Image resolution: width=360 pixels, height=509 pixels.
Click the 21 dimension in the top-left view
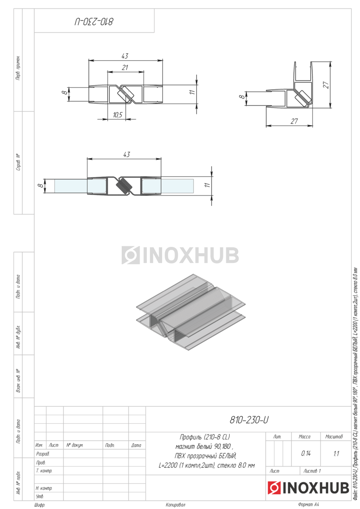125,68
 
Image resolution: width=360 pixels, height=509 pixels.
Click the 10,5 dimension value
118,115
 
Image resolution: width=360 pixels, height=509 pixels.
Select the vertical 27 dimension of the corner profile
326,85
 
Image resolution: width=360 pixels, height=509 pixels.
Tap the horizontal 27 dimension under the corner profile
294,121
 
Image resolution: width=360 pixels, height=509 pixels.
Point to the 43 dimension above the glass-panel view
127,154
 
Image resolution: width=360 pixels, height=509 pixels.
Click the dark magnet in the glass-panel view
124,186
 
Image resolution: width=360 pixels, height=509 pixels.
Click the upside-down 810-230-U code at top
94,22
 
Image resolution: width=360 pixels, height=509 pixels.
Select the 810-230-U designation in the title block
249,420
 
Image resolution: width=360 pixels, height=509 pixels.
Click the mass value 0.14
306,453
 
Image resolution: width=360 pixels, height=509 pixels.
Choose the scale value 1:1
336,454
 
